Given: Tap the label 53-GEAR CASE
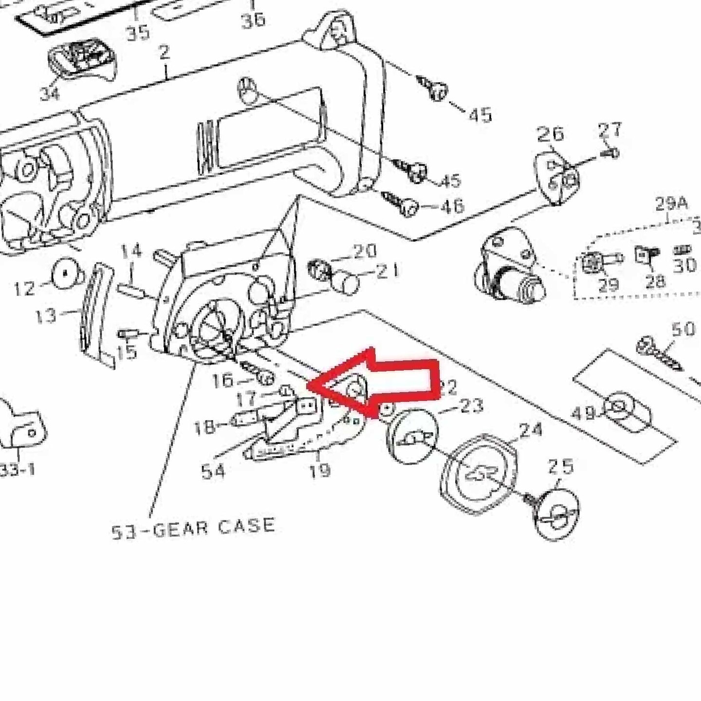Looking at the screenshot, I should tap(193, 529).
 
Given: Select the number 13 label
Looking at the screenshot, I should tap(46, 316).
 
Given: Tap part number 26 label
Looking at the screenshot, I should tap(550, 134).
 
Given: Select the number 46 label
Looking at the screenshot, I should tap(452, 206).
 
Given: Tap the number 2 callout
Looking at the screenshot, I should tap(164, 53).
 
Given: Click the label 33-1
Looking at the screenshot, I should tap(18, 470).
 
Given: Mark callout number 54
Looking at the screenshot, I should tap(213, 471).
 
